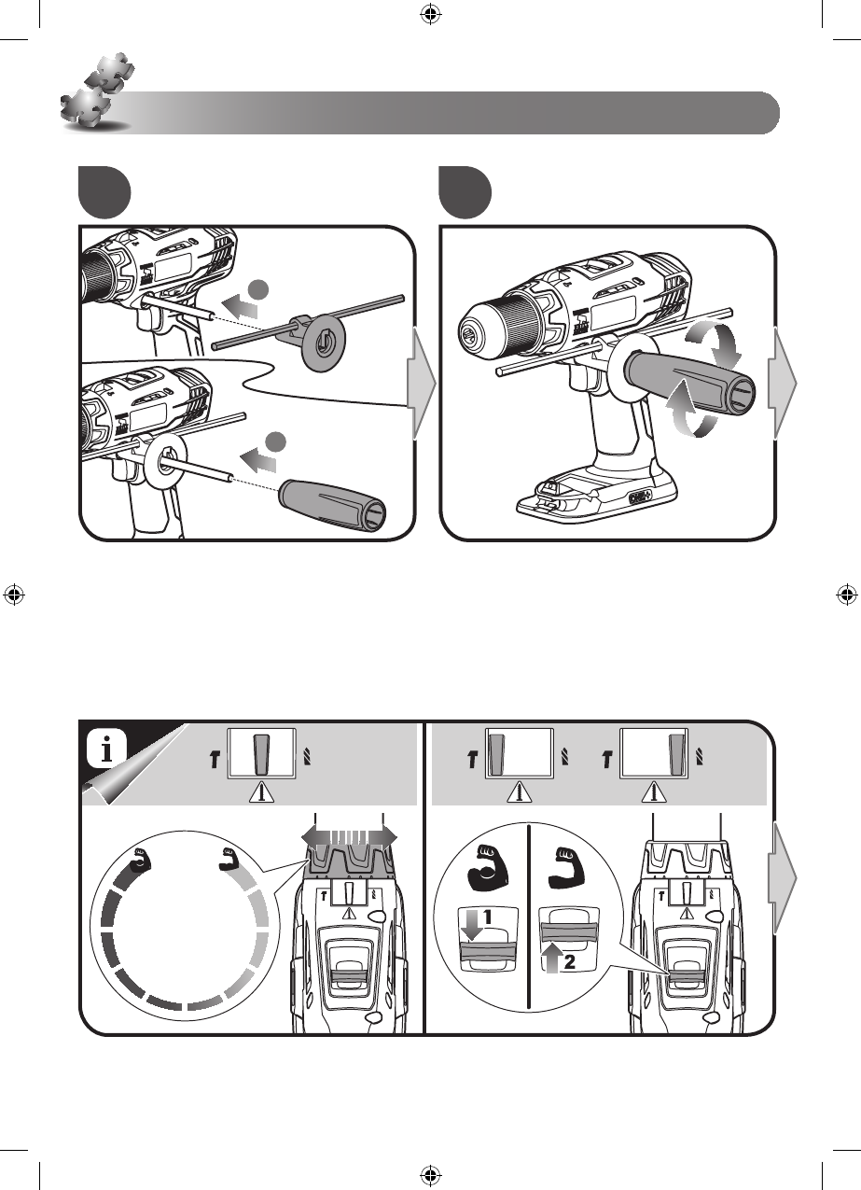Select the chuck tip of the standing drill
465,334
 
